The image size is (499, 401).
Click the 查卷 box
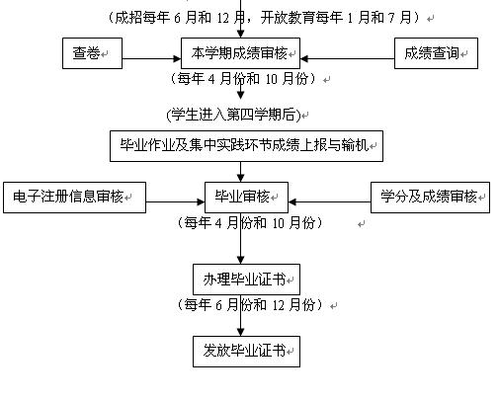tap(92, 53)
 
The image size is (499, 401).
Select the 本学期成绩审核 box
tap(240, 53)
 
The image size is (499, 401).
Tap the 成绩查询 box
tap(436, 53)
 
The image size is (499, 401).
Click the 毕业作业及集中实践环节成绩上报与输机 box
tap(246, 146)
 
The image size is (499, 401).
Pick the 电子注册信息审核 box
tap(74, 198)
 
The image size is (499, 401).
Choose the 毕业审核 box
tap(246, 198)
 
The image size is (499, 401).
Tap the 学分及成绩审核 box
tap(430, 198)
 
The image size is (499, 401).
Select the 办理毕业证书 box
tap(246, 280)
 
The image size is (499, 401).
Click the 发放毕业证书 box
tap(246, 352)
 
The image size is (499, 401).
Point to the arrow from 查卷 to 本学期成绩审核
tap(152, 59)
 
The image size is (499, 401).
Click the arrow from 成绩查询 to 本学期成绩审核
tap(347, 59)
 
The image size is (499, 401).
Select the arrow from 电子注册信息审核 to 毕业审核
tap(175, 201)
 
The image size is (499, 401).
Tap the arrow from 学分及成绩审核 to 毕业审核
tap(329, 201)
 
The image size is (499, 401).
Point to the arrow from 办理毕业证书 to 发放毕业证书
tap(241, 315)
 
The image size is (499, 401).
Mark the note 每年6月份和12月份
tap(249, 304)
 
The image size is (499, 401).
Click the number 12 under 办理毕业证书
tap(278, 305)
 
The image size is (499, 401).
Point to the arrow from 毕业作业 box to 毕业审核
tap(241, 172)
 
